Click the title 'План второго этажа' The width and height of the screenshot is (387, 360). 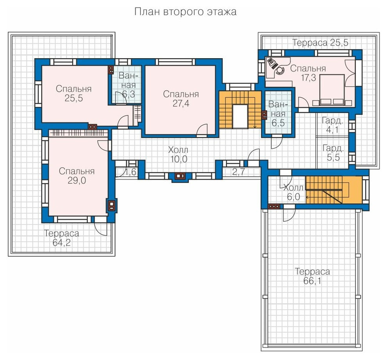[x=185, y=12]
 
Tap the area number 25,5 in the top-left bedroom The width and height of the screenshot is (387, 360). [x=73, y=98]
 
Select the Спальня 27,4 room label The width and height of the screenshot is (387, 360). [x=181, y=99]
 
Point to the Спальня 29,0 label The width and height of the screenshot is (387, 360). [x=77, y=176]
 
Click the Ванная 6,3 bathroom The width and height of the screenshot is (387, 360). [x=127, y=84]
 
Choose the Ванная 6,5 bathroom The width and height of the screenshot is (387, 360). [x=278, y=112]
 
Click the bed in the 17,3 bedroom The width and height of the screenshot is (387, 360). [x=331, y=90]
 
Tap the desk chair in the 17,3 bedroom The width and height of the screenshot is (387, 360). [x=280, y=70]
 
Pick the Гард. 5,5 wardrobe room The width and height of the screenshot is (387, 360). [x=332, y=152]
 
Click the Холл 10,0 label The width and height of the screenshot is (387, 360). [x=178, y=155]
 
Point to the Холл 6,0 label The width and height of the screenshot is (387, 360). [x=293, y=192]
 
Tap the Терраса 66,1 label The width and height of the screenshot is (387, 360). [x=312, y=276]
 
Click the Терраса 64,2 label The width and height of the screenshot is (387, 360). [x=61, y=238]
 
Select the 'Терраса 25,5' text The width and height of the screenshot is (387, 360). [x=320, y=43]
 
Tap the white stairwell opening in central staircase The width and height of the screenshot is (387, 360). [x=240, y=116]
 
